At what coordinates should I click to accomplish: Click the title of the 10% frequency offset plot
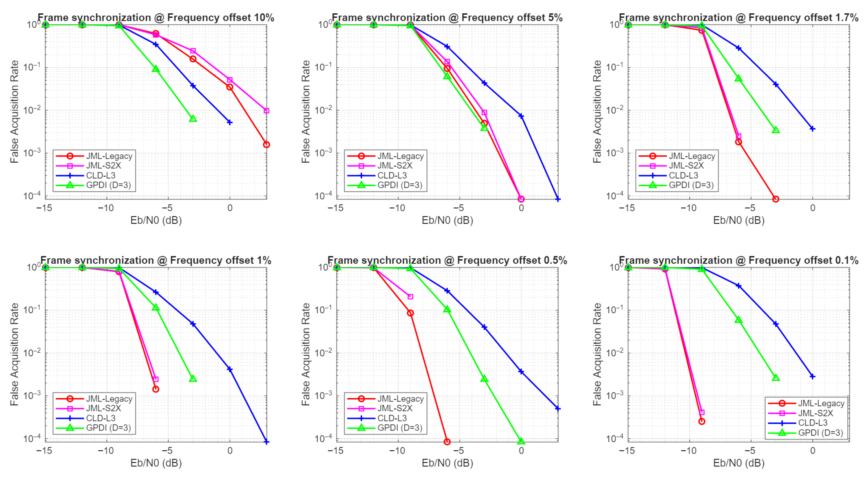(x=156, y=18)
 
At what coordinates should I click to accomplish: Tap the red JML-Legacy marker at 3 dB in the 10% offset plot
(x=267, y=145)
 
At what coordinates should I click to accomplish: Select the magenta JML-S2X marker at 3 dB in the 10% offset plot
(x=267, y=111)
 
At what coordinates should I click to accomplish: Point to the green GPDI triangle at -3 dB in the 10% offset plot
(x=193, y=119)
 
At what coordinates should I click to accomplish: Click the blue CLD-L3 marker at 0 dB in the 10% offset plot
(x=230, y=122)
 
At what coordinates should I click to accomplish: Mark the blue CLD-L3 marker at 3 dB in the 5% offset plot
(x=558, y=199)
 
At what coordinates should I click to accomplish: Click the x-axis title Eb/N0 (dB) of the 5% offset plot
(x=447, y=220)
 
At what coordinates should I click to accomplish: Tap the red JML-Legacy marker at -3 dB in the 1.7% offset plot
(x=775, y=199)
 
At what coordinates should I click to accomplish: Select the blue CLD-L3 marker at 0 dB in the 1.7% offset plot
(x=812, y=129)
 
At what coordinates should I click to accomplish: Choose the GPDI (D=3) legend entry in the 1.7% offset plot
(x=676, y=185)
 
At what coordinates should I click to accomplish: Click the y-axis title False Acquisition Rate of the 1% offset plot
(x=14, y=354)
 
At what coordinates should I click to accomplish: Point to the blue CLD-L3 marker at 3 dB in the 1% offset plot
(x=267, y=442)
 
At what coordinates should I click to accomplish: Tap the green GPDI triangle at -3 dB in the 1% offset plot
(x=193, y=378)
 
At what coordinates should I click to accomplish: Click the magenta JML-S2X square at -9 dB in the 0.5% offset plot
(x=410, y=297)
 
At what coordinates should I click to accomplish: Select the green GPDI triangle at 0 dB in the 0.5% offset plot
(x=521, y=441)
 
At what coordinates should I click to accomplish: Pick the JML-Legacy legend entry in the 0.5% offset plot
(x=385, y=399)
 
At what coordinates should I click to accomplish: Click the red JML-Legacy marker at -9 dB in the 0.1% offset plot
(x=702, y=421)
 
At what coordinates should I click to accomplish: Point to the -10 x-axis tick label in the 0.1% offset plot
(x=689, y=451)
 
